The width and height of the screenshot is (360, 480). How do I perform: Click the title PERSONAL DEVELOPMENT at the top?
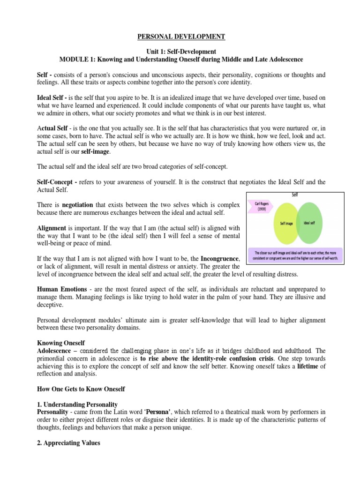pos(180,37)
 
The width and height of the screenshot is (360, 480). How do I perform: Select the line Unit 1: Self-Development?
pos(180,52)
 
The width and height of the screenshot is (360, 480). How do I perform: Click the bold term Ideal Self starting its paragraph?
pos(52,97)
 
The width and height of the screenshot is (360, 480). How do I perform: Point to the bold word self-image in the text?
pos(96,152)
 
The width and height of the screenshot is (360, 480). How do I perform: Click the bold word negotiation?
pos(77,205)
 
